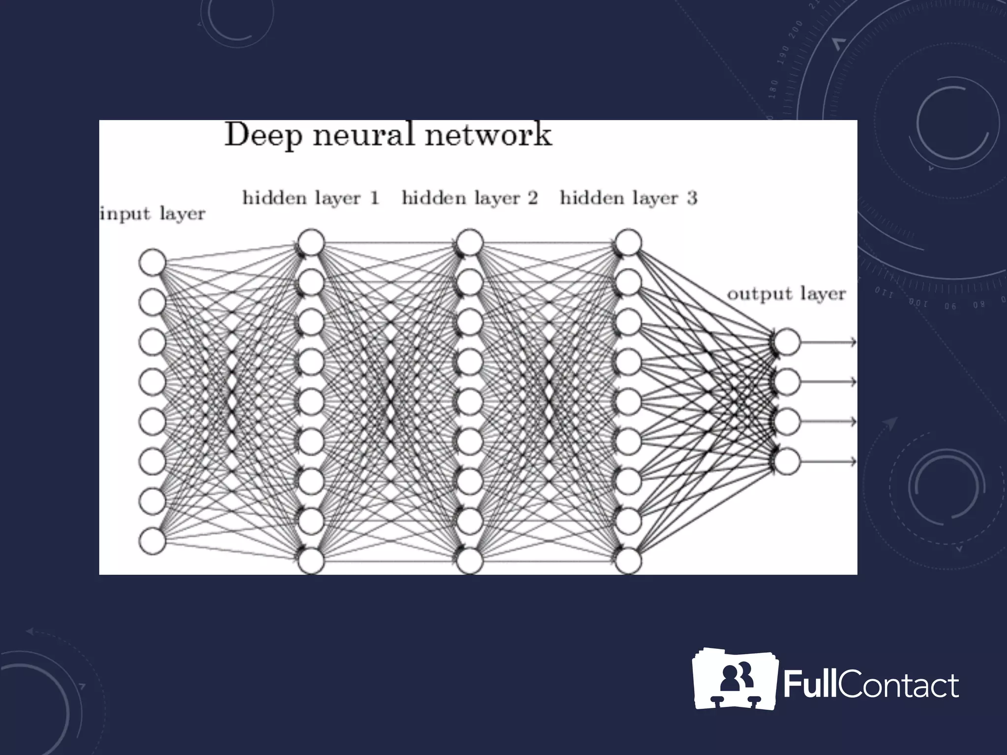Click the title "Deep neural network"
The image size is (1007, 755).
388,135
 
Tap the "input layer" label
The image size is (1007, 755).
152,214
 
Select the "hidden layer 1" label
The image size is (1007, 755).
311,198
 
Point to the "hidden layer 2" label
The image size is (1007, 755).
470,198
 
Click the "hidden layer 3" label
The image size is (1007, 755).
628,198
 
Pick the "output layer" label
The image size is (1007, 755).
786,294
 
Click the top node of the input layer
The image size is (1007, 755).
152,262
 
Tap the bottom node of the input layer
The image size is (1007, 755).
152,541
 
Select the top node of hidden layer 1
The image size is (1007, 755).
311,242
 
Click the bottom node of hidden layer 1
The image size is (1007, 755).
311,561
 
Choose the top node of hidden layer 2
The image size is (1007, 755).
470,242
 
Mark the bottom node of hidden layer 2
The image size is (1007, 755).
470,561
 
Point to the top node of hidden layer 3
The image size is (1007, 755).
628,242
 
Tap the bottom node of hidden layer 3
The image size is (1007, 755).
628,561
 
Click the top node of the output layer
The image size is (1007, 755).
787,342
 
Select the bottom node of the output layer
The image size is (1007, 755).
787,461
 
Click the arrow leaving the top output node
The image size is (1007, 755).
829,342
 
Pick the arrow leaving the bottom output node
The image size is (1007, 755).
829,461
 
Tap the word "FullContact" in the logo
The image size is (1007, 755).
871,685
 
